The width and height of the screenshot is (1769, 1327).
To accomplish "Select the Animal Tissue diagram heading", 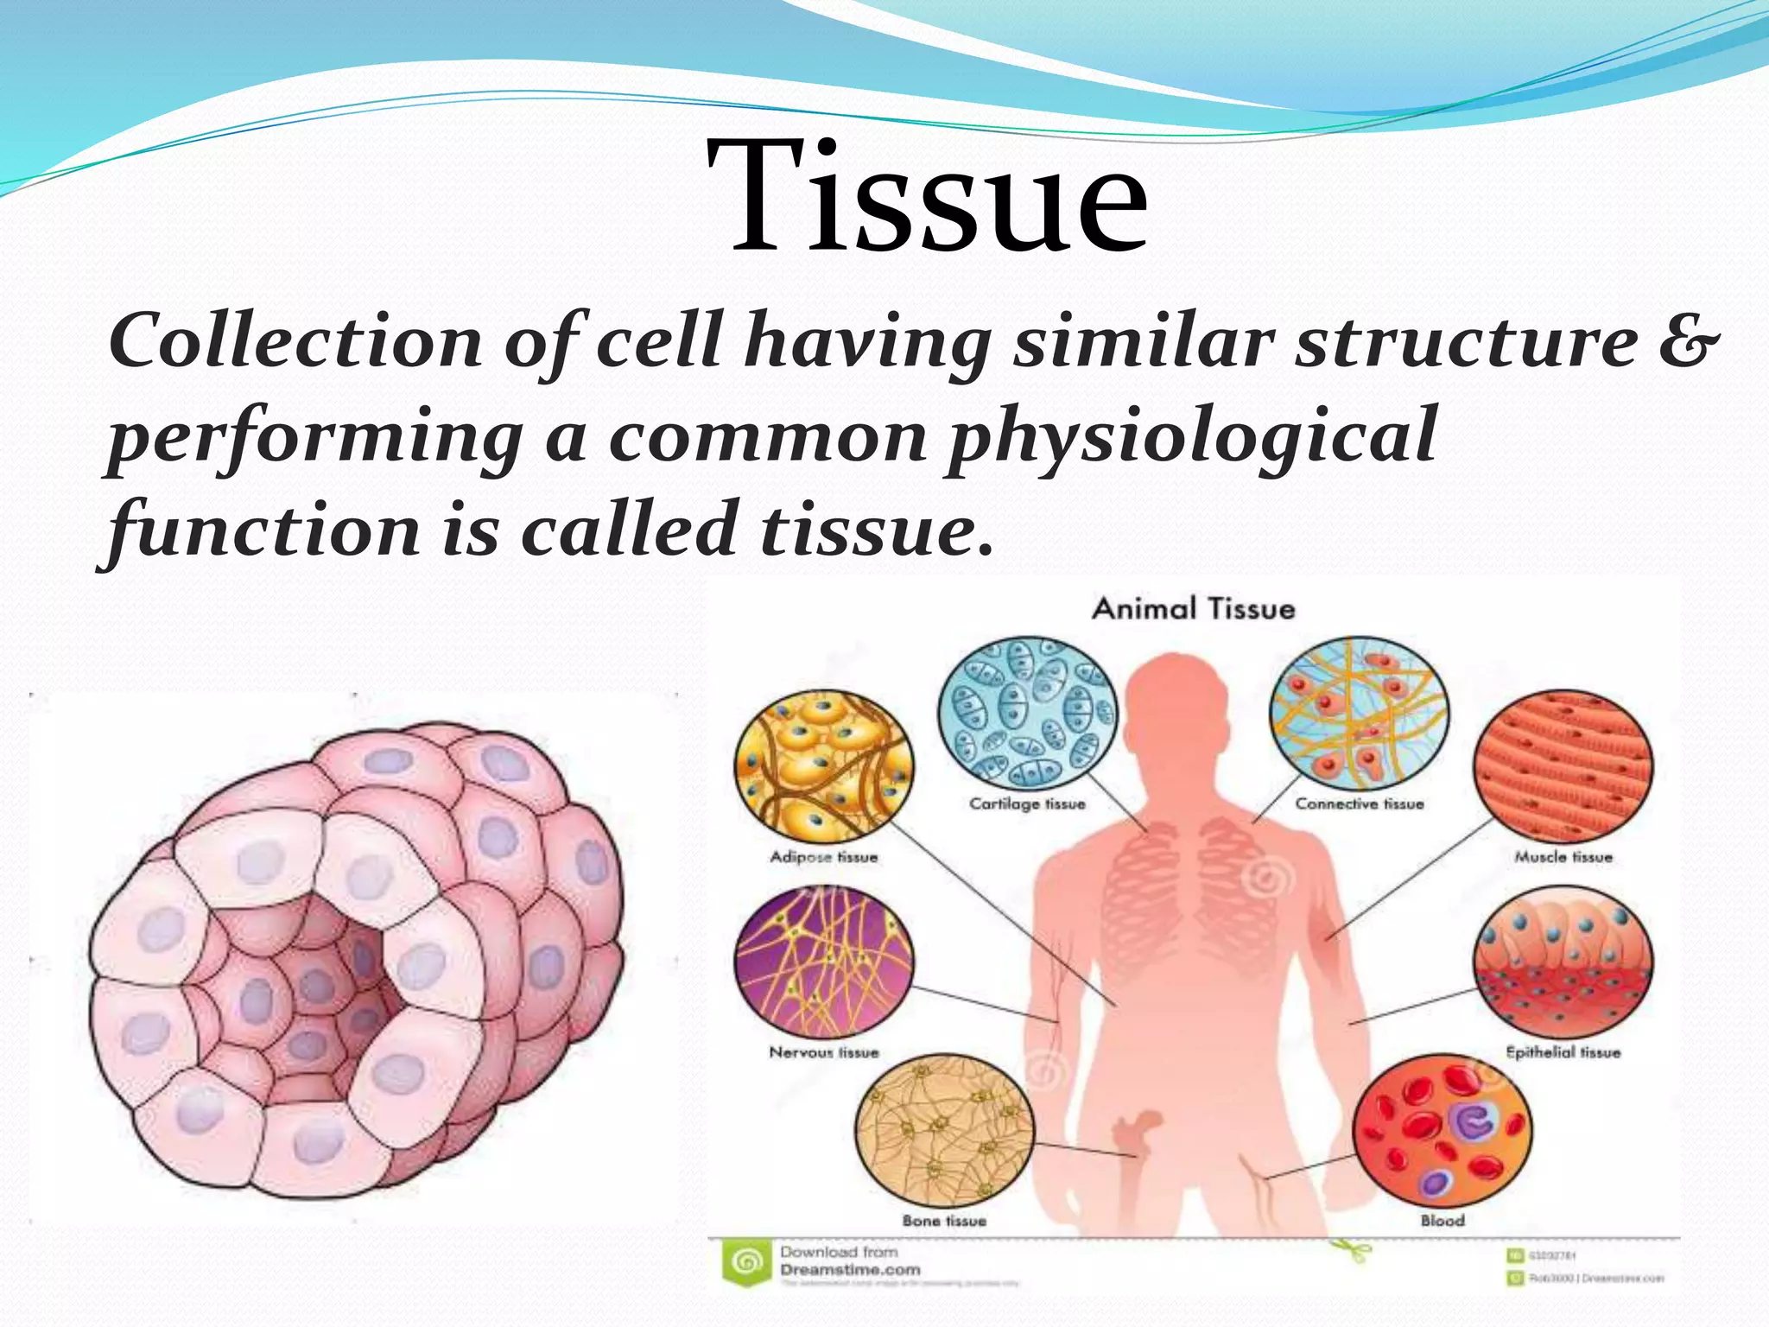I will [x=1193, y=609].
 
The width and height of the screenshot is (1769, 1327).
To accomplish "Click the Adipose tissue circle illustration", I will [x=823, y=766].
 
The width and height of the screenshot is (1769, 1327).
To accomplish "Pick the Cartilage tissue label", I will [x=1027, y=804].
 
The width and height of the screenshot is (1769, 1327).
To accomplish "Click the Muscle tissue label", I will [x=1563, y=857].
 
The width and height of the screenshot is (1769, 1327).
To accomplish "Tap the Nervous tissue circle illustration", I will [x=823, y=962].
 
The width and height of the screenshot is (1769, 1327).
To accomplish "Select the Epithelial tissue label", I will [x=1563, y=1052].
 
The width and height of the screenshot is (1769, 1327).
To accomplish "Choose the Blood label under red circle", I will [x=1442, y=1221].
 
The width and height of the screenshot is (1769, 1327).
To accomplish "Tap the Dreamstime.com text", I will [x=850, y=1270].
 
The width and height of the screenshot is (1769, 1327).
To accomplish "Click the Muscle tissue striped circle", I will [x=1563, y=766].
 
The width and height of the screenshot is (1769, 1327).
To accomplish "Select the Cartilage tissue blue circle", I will [x=1027, y=713].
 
